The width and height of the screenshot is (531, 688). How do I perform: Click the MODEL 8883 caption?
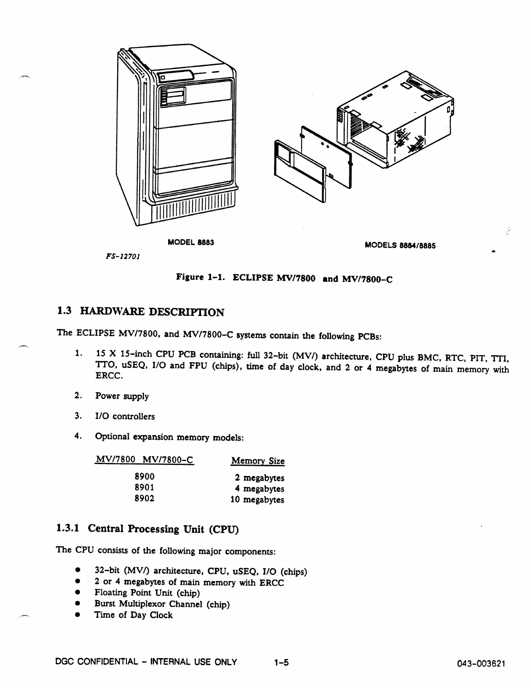[191, 242]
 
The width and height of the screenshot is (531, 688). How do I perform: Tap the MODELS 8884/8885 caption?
[400, 245]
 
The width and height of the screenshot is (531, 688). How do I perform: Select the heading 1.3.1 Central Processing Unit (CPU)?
[147, 529]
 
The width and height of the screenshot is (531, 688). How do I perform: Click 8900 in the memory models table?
[144, 476]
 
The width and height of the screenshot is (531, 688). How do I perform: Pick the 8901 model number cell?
[144, 487]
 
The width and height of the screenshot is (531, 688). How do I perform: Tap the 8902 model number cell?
[144, 498]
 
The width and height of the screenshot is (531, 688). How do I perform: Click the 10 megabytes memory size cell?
[257, 500]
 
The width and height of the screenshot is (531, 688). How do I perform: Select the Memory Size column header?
[258, 461]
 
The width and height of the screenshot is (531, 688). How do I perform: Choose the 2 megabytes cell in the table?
[259, 478]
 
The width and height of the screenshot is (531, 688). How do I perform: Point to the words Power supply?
[122, 396]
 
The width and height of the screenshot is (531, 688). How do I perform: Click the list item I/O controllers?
[125, 416]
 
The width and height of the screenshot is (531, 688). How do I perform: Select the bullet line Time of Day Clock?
[133, 615]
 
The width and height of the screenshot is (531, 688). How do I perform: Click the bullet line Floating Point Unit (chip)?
[147, 593]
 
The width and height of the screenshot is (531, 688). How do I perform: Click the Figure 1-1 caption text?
[283, 278]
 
